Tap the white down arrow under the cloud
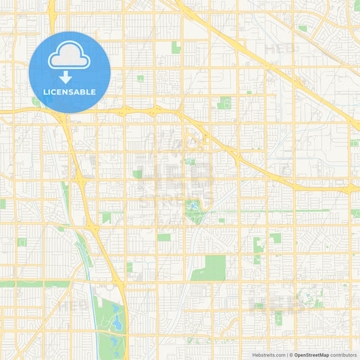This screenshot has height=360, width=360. pyautogui.click(x=66, y=76)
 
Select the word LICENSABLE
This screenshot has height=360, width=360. pyautogui.click(x=70, y=92)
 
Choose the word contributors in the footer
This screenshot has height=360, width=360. pyautogui.click(x=344, y=355)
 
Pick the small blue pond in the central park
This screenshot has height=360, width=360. pyautogui.click(x=195, y=205)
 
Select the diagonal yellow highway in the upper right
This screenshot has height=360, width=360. pyautogui.click(x=270, y=61)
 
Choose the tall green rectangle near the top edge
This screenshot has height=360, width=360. pyautogui.click(x=176, y=47)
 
